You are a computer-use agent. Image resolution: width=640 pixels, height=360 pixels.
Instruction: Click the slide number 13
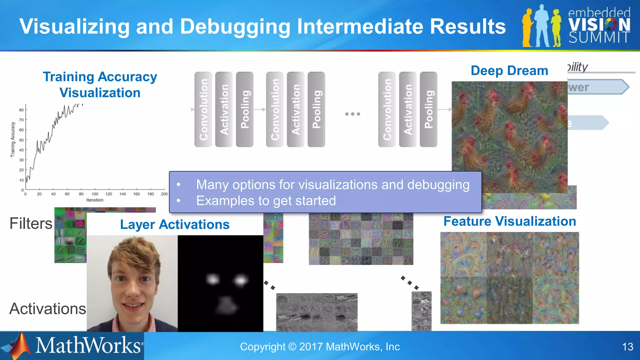[x=627, y=347]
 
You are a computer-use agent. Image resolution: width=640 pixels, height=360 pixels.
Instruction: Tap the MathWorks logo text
[x=88, y=346]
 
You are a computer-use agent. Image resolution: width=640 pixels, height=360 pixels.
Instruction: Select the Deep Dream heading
[x=509, y=71]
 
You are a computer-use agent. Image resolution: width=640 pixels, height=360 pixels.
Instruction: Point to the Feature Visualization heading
[x=510, y=221]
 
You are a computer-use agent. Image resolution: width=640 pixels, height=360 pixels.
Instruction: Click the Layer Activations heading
[x=175, y=224]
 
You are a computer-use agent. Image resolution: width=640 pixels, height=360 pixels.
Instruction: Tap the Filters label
[x=31, y=223]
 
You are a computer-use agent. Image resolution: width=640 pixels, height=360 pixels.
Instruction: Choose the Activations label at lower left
[x=47, y=309]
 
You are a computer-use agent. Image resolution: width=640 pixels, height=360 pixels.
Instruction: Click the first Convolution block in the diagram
[x=203, y=109]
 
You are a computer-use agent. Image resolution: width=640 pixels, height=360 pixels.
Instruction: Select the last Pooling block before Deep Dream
[x=428, y=109]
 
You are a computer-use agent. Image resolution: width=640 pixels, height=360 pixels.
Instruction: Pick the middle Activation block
[x=296, y=109]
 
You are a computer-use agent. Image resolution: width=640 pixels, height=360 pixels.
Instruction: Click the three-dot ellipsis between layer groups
[x=352, y=114]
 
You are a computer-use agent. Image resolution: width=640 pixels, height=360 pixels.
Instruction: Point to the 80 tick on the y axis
[x=21, y=110]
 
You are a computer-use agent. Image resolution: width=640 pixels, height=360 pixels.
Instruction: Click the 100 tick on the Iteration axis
[x=95, y=194]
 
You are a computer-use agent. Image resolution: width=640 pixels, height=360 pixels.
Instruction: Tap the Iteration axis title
[x=95, y=200]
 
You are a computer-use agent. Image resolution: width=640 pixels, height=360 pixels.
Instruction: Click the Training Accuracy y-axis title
[x=13, y=139]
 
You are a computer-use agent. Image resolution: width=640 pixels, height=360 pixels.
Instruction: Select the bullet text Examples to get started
[x=266, y=201]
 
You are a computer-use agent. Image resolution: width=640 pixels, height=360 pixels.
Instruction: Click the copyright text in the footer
[x=320, y=347]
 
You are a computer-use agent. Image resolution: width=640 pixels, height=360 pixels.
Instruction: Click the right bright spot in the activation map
[x=241, y=280]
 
